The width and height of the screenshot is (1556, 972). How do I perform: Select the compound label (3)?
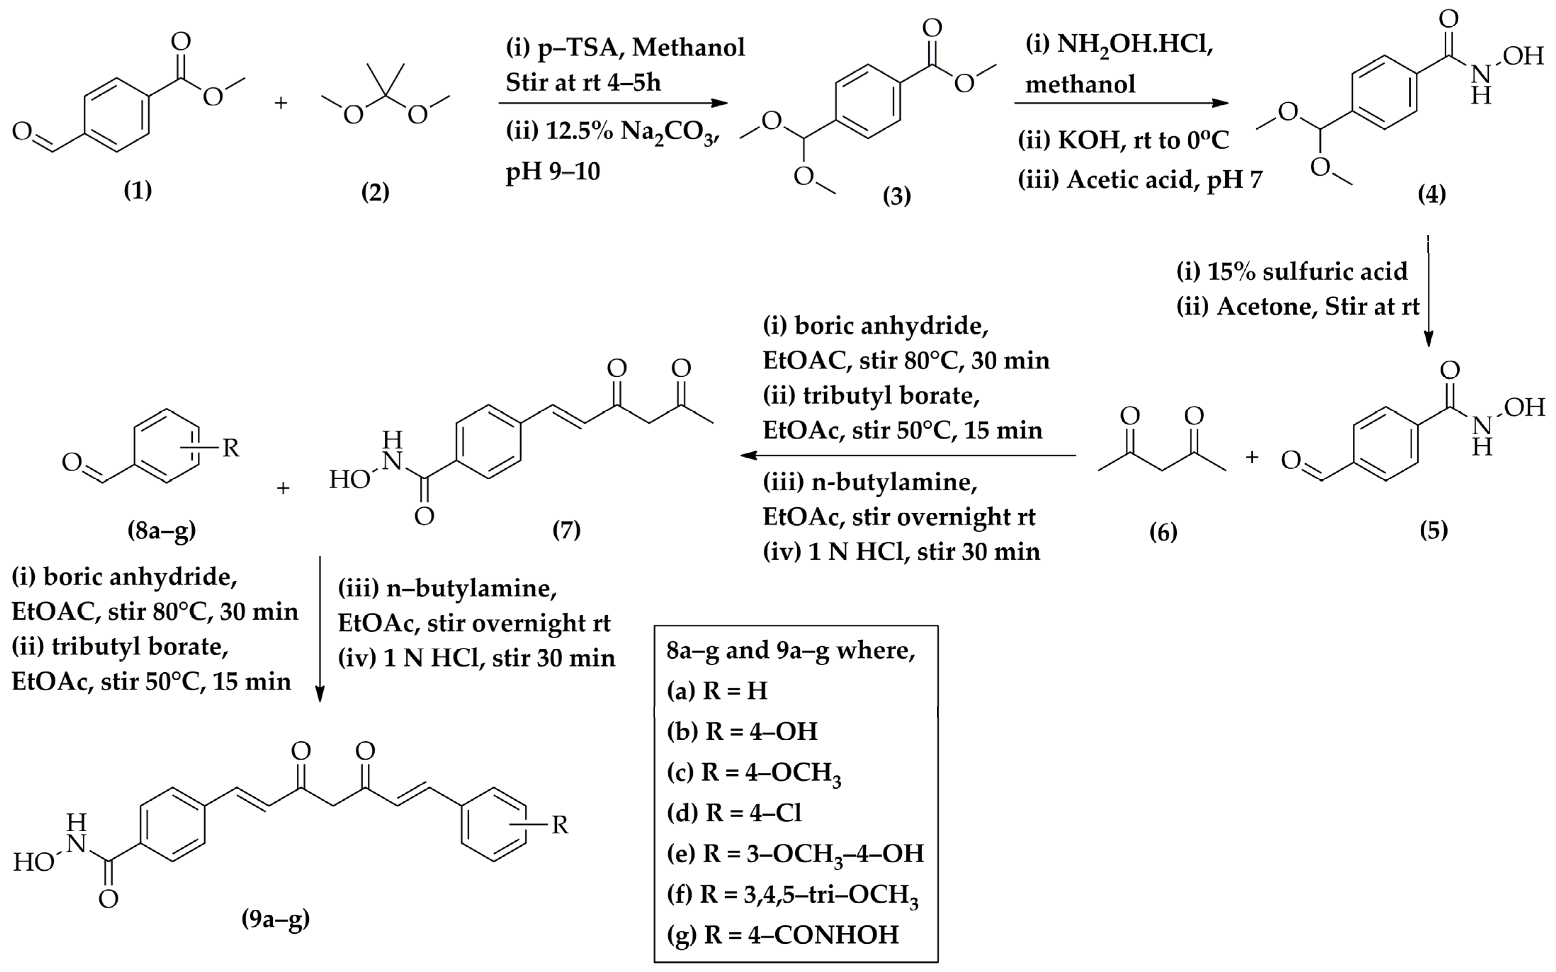tap(896, 195)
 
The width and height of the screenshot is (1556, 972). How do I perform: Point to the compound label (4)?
tap(1432, 194)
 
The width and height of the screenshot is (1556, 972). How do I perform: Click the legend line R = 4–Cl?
tap(735, 813)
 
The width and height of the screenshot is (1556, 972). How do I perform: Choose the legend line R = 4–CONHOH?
tap(782, 934)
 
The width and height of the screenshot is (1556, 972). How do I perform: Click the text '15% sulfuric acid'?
tap(1306, 271)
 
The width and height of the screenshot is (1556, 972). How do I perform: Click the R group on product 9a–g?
tap(560, 825)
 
